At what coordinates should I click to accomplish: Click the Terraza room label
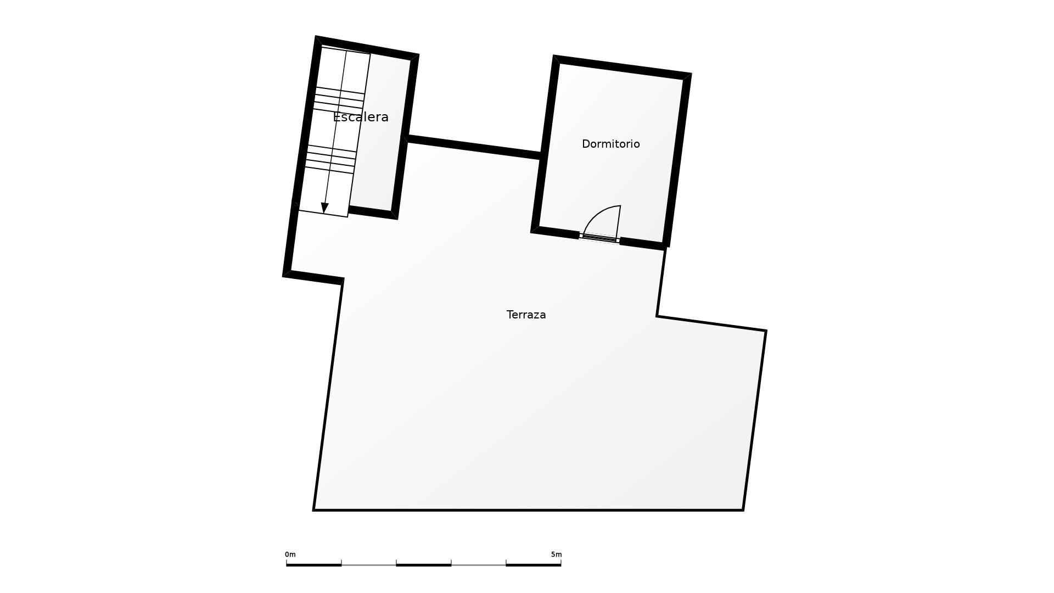click(526, 315)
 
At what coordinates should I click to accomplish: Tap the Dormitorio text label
click(610, 144)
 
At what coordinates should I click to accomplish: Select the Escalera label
click(361, 117)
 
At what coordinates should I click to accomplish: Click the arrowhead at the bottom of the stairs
click(324, 208)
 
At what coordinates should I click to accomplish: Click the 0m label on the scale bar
click(290, 555)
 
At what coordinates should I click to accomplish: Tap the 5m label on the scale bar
click(556, 555)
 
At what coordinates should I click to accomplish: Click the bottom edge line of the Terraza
click(527, 510)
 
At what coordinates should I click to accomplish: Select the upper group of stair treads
click(339, 100)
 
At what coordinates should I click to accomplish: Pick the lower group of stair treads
click(330, 159)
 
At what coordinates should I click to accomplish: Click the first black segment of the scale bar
click(313, 564)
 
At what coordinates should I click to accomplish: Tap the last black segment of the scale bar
click(533, 564)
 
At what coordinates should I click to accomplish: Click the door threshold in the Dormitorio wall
click(599, 238)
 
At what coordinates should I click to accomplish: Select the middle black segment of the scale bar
click(423, 564)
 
